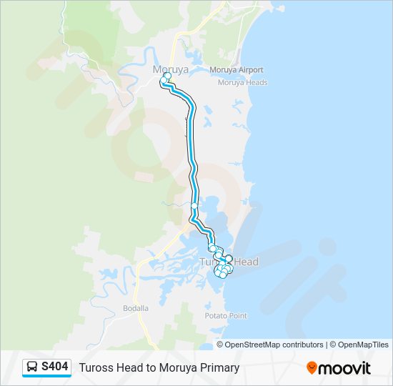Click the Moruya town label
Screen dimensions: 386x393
(170, 69)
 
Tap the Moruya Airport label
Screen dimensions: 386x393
(237, 70)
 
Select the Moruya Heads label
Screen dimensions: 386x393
(242, 82)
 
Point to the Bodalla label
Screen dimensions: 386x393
(135, 308)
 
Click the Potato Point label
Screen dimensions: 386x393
(225, 315)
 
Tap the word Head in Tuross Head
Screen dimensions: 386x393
(245, 262)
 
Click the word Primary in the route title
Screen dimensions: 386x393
(218, 368)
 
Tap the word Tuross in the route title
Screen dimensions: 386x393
(96, 368)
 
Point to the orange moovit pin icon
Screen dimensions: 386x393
(312, 368)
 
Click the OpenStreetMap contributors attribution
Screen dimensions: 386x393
(270, 345)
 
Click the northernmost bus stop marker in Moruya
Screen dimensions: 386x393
(167, 75)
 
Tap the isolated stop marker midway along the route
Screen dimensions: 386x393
(194, 206)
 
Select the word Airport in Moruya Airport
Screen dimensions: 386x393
(250, 70)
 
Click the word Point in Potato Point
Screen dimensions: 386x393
(237, 315)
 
